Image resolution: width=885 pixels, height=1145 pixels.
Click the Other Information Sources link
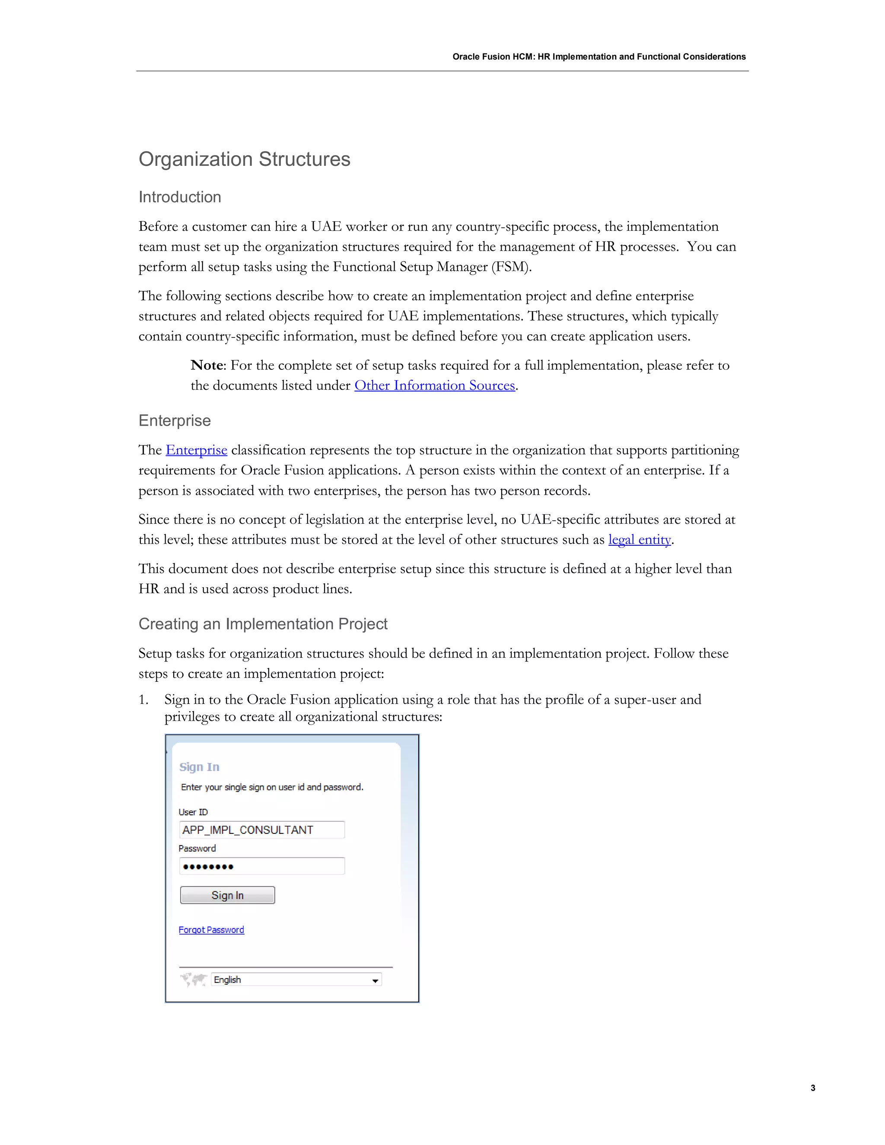pos(435,385)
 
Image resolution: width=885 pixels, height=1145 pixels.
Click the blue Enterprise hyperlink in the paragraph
pos(196,450)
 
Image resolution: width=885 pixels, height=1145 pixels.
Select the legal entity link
pos(639,540)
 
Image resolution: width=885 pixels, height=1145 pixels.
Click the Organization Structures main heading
pos(244,159)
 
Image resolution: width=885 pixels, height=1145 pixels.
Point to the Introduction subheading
pos(180,197)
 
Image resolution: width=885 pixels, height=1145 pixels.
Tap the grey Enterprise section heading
pos(175,420)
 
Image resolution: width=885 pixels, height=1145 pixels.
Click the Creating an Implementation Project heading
pos(263,624)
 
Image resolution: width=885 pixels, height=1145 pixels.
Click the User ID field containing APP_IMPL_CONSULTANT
pos(261,830)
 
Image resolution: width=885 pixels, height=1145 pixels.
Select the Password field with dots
pos(261,866)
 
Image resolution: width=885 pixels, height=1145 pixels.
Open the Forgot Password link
pos(211,929)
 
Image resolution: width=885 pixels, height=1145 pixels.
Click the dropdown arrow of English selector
pos(375,980)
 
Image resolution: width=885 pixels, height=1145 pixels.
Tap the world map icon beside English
pos(194,980)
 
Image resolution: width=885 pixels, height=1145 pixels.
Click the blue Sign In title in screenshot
pos(199,767)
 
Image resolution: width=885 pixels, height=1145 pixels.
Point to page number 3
pos(813,1088)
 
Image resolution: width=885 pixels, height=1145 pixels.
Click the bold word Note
pos(207,366)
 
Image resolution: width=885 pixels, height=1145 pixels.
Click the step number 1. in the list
pos(143,700)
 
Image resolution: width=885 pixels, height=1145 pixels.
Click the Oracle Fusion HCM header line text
pos(599,57)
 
